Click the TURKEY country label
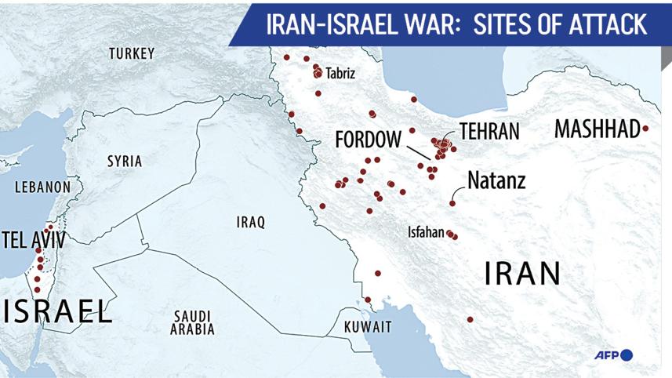tap(132, 53)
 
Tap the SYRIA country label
tap(125, 162)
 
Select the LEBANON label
tap(42, 187)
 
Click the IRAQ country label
tap(251, 222)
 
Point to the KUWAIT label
tap(367, 326)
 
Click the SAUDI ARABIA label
tap(193, 323)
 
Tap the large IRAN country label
tap(523, 274)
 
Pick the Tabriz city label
tap(340, 74)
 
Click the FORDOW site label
tap(368, 140)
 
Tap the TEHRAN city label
tap(489, 131)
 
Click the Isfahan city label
tap(426, 233)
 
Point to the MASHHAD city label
tap(597, 129)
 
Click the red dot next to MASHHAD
tap(645, 129)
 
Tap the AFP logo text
tap(605, 356)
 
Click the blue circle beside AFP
tap(626, 356)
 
